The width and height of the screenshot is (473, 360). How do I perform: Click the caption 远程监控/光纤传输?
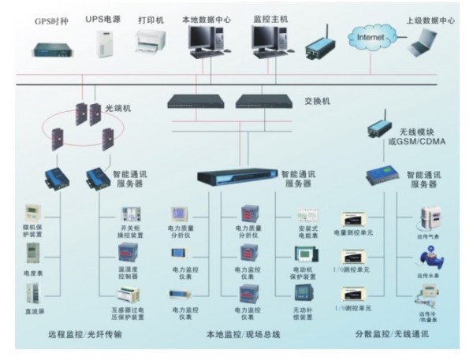[x=85, y=335]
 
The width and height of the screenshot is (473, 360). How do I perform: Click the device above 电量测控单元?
[x=352, y=217]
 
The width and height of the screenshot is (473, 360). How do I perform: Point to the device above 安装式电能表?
[x=307, y=215]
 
